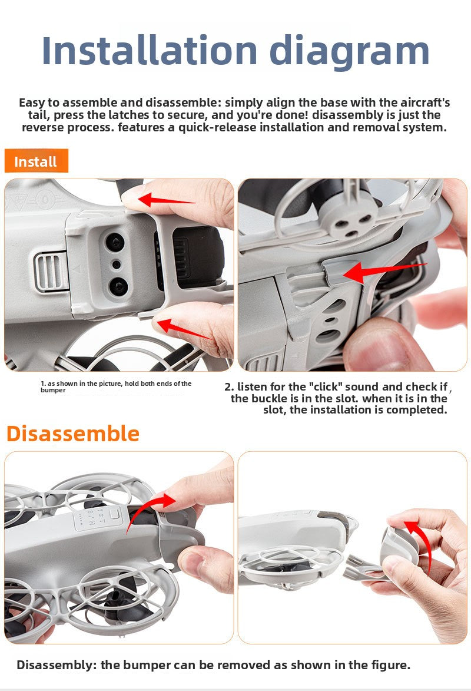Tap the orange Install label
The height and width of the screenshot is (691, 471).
[36, 161]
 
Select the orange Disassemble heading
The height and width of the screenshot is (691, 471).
[72, 433]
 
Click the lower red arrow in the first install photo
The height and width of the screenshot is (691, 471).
[184, 329]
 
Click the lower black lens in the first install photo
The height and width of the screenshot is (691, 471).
[117, 286]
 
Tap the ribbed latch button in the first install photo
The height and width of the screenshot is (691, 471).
[51, 272]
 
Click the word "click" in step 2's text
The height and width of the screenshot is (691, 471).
[325, 386]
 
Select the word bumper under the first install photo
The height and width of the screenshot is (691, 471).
[53, 391]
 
